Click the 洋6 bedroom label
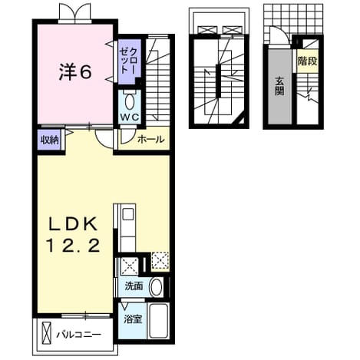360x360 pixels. [x=75, y=71]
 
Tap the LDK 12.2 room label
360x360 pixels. [x=73, y=234]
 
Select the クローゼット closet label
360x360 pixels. [x=130, y=61]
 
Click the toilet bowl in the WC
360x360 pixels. [x=130, y=102]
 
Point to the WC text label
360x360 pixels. [x=130, y=117]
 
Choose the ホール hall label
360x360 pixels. [x=151, y=139]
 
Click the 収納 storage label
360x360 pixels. [x=50, y=140]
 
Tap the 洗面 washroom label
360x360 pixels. [x=134, y=286]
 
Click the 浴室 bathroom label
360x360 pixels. [x=133, y=319]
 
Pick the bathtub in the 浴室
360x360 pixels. [x=158, y=321]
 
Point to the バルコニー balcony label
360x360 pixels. [x=79, y=335]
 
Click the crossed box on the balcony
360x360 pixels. [x=46, y=334]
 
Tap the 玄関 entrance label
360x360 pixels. [x=279, y=86]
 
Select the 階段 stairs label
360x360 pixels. [x=307, y=61]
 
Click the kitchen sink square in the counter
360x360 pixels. [x=127, y=214]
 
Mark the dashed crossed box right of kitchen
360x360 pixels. [x=160, y=261]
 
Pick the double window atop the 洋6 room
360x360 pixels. [x=74, y=13]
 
